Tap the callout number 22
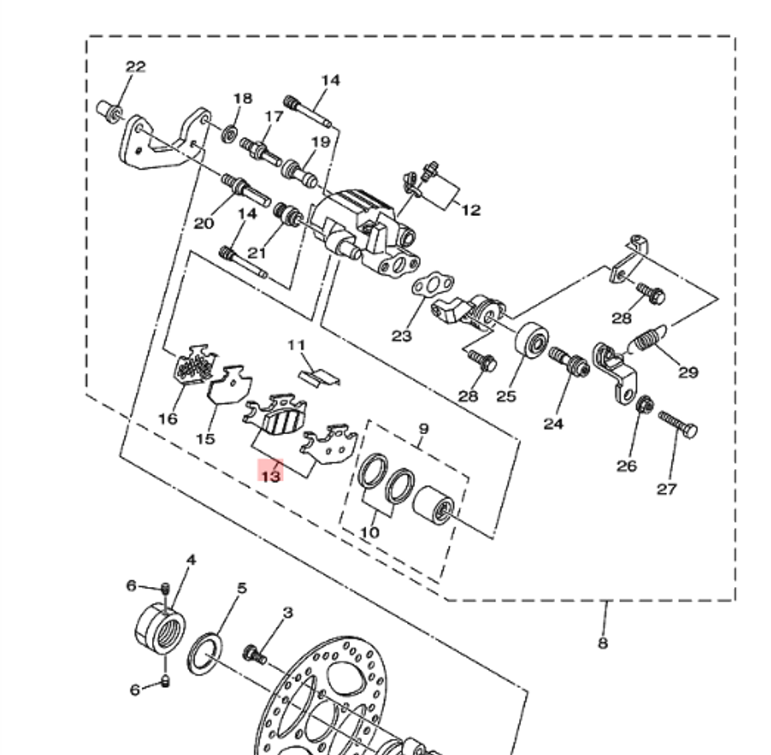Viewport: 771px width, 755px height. click(136, 67)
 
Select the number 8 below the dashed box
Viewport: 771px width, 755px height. click(603, 642)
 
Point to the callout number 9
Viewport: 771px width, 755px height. click(423, 430)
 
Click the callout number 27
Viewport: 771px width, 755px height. click(667, 488)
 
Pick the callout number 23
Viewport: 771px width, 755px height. click(402, 335)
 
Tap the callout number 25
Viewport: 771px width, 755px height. click(506, 396)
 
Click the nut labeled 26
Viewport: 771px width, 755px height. click(647, 403)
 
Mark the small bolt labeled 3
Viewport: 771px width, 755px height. click(254, 655)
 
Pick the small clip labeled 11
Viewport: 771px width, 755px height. click(318, 376)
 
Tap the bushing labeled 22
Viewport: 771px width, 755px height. click(110, 110)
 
